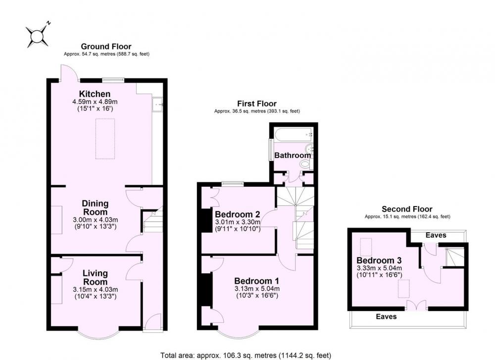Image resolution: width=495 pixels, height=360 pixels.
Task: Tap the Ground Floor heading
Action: pos(106,47)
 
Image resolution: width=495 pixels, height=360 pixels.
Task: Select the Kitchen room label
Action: pos(95,94)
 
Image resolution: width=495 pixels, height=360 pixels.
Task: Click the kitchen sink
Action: pos(157,104)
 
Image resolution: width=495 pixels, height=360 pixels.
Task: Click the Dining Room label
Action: pos(95,207)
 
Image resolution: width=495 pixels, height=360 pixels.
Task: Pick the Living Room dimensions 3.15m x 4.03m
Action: pos(96,289)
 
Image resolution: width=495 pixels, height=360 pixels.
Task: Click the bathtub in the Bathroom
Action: pos(294,135)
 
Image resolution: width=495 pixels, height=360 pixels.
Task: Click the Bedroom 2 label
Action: pos(238,214)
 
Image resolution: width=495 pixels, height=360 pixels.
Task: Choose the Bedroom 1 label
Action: pos(256,281)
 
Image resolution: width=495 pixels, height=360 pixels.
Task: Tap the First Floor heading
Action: pos(256,103)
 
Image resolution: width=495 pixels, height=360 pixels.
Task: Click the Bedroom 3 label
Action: pos(379,260)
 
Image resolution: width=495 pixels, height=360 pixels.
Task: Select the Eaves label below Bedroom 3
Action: pos(387,316)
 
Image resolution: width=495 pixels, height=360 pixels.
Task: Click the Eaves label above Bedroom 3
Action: pos(436,235)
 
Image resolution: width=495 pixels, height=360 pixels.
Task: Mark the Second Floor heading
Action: pos(407,209)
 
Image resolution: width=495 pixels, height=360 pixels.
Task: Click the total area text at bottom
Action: pos(246,355)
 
